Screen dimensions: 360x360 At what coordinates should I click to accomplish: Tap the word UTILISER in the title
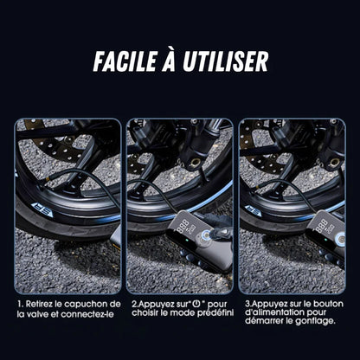(224, 60)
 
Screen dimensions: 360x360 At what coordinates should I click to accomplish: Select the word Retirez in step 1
(43, 305)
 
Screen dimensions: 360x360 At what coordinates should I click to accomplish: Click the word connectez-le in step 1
(90, 316)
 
